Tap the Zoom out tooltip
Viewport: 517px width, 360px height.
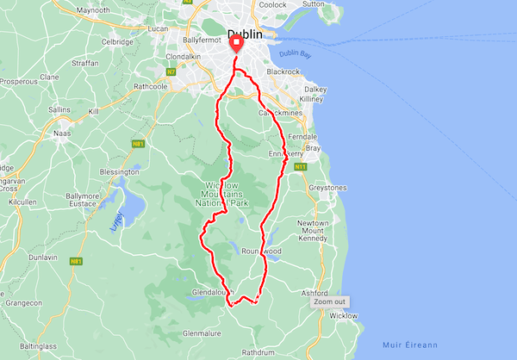(330, 301)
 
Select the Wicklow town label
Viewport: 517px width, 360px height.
(344, 316)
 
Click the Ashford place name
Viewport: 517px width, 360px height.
(316, 293)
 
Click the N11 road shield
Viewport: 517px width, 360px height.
(300, 166)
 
